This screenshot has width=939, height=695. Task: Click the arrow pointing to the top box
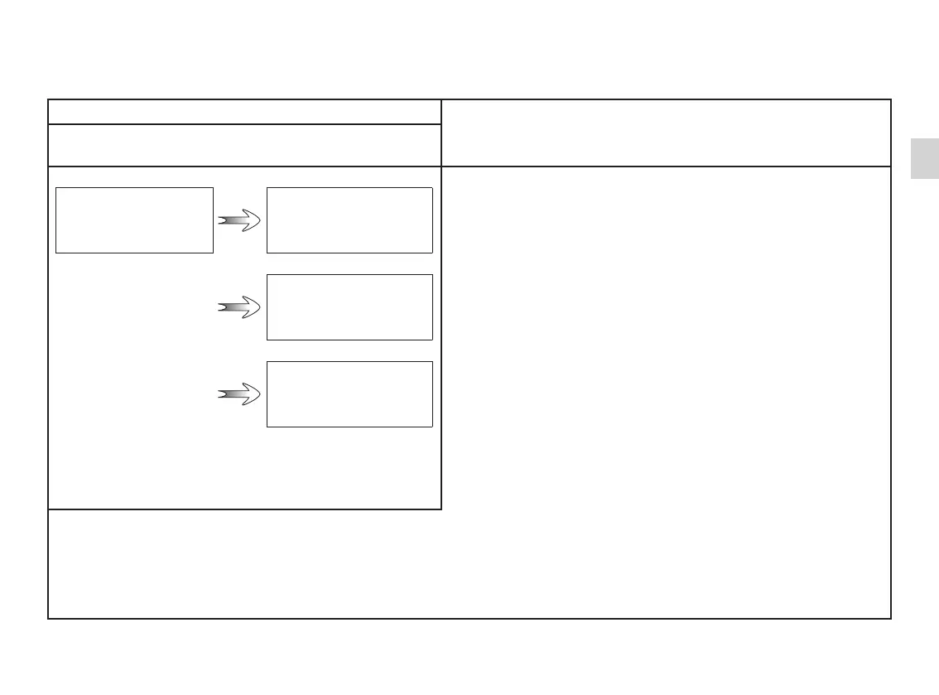coord(239,220)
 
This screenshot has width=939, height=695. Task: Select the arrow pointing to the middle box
coord(239,307)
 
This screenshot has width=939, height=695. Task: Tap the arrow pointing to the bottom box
coord(239,395)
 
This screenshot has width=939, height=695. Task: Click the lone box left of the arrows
coord(134,220)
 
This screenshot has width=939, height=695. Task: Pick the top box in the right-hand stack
coord(349,220)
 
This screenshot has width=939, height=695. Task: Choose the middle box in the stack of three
coord(349,307)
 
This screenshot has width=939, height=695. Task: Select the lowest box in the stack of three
coord(349,394)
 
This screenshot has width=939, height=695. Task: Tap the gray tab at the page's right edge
coord(925,158)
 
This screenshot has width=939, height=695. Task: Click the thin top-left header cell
coord(244,112)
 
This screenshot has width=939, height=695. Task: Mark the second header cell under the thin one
coord(244,145)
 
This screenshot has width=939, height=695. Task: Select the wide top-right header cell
coord(666,133)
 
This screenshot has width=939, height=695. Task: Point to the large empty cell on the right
coord(666,337)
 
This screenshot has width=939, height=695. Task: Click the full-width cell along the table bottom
coord(469,564)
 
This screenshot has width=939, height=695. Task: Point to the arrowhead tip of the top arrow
coord(259,220)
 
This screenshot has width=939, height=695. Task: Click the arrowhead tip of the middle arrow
coord(259,307)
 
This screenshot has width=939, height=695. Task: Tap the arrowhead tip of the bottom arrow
coord(259,395)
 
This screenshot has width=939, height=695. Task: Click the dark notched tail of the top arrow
coord(222,220)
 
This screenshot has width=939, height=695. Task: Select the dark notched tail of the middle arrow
coord(222,307)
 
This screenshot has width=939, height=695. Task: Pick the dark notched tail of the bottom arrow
coord(222,395)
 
